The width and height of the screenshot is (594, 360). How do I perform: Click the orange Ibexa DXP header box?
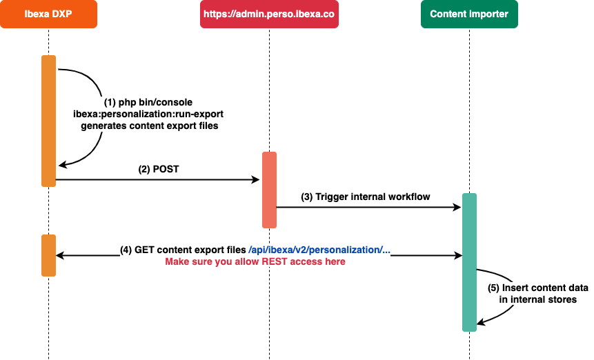pos(48,14)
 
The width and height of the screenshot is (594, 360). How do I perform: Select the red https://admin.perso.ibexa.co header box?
pos(269,14)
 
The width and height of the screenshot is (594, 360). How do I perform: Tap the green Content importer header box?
pos(468,14)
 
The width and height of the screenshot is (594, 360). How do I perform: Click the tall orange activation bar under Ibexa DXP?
pos(48,121)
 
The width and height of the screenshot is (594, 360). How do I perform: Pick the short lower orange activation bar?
pos(48,255)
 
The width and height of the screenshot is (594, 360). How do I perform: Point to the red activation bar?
pos(269,190)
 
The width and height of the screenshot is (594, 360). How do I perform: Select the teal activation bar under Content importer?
pos(469,262)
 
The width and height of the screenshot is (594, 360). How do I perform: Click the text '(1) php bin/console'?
pos(148,103)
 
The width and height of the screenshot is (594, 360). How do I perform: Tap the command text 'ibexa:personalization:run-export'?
pos(148,114)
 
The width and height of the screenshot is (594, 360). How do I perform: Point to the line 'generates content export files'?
pos(149,126)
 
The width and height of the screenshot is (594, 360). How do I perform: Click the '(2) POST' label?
pos(159,169)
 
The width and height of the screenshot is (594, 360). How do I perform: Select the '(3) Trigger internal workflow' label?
pos(366,197)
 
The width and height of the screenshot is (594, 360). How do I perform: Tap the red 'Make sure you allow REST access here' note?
pos(255,261)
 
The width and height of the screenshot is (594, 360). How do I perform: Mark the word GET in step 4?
pos(145,250)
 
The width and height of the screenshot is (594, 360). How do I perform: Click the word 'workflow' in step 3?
pos(408,197)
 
